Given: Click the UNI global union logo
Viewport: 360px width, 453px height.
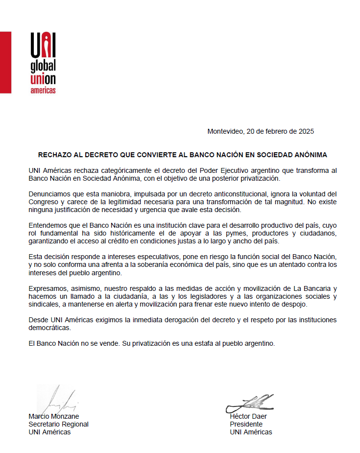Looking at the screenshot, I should click(43, 63).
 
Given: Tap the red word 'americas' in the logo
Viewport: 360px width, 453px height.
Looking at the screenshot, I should click(43, 91).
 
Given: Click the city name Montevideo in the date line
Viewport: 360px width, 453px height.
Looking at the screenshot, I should click(225, 131).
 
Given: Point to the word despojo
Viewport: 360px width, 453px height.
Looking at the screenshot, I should click(292, 304).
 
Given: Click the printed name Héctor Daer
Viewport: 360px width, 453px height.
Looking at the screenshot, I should click(248, 416).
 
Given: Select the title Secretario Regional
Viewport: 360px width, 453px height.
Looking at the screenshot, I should click(58, 424).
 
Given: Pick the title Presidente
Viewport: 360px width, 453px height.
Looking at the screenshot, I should click(246, 424).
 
